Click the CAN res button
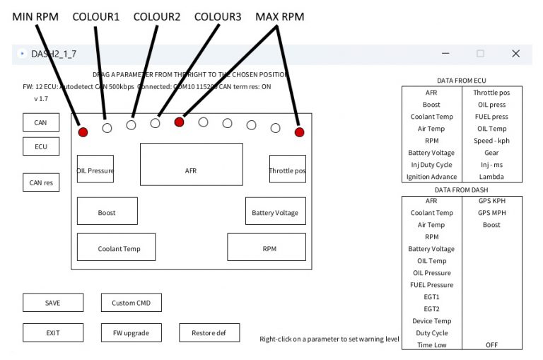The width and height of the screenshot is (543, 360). pos(41,182)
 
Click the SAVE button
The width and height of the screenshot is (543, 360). pos(53,303)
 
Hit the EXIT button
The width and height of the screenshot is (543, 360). pos(53,332)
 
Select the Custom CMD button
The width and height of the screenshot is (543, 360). pos(131,303)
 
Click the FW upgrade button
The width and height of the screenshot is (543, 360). pos(131,332)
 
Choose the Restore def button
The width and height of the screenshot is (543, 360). pos(209,332)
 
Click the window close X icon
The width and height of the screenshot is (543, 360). pos(515,54)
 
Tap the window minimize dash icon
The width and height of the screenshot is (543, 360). pos(445,54)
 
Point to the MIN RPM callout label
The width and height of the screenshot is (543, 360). pos(36,16)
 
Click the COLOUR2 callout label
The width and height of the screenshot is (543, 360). pos(157,16)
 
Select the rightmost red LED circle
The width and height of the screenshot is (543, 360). pos(299,132)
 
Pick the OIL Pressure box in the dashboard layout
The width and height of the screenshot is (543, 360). pos(95,170)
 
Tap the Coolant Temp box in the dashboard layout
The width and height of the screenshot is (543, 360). pos(119,248)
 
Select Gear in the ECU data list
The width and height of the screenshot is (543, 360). pos(491,153)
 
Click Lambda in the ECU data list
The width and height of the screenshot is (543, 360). pos(491,177)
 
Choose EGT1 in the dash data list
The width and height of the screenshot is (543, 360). pos(431,297)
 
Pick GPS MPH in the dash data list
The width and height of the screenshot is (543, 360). pos(491,213)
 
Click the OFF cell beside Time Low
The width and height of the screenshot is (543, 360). pos(491,345)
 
